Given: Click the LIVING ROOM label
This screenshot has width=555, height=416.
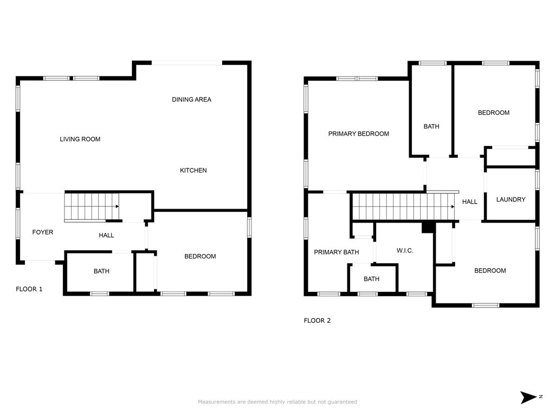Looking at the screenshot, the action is pyautogui.click(x=80, y=139).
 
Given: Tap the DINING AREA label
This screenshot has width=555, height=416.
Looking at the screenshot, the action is pyautogui.click(x=191, y=100).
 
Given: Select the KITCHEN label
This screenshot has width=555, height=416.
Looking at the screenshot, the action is pyautogui.click(x=193, y=171).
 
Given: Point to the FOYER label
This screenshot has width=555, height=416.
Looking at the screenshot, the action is pyautogui.click(x=42, y=232).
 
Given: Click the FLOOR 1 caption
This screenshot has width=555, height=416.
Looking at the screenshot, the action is pyautogui.click(x=29, y=289).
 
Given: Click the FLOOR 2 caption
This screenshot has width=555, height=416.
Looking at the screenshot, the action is pyautogui.click(x=317, y=321).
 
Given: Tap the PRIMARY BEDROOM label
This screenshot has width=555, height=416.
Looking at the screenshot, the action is pyautogui.click(x=359, y=134).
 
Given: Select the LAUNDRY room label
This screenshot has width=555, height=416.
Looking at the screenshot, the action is pyautogui.click(x=511, y=199).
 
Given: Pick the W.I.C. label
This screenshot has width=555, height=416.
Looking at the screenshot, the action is pyautogui.click(x=405, y=251).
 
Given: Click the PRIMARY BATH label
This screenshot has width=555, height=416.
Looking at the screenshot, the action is pyautogui.click(x=336, y=252).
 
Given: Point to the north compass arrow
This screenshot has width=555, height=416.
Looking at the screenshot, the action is pyautogui.click(x=528, y=397).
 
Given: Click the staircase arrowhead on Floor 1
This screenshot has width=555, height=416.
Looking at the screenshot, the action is pyautogui.click(x=117, y=206).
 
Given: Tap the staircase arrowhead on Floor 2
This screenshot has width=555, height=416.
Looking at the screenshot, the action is pyautogui.click(x=453, y=206).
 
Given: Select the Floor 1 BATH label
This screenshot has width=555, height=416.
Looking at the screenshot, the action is pyautogui.click(x=101, y=271).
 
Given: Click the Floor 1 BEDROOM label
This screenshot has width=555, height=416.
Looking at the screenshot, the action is pyautogui.click(x=200, y=256).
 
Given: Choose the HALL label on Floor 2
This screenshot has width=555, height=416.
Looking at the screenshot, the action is pyautogui.click(x=470, y=202).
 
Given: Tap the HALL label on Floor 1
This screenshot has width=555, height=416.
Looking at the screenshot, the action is pyautogui.click(x=106, y=235).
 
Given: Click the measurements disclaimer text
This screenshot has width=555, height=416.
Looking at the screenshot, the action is pyautogui.click(x=277, y=402).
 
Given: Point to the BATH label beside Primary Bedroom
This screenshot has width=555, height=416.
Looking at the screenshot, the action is pyautogui.click(x=431, y=127).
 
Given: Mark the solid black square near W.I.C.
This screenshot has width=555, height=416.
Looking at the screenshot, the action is pyautogui.click(x=428, y=227).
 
